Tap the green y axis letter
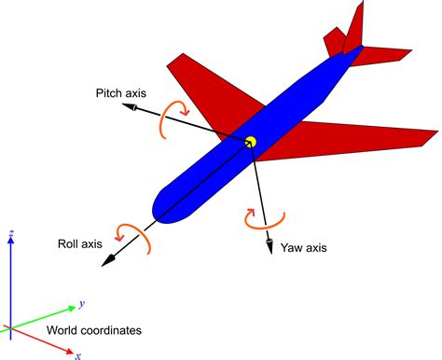83,303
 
